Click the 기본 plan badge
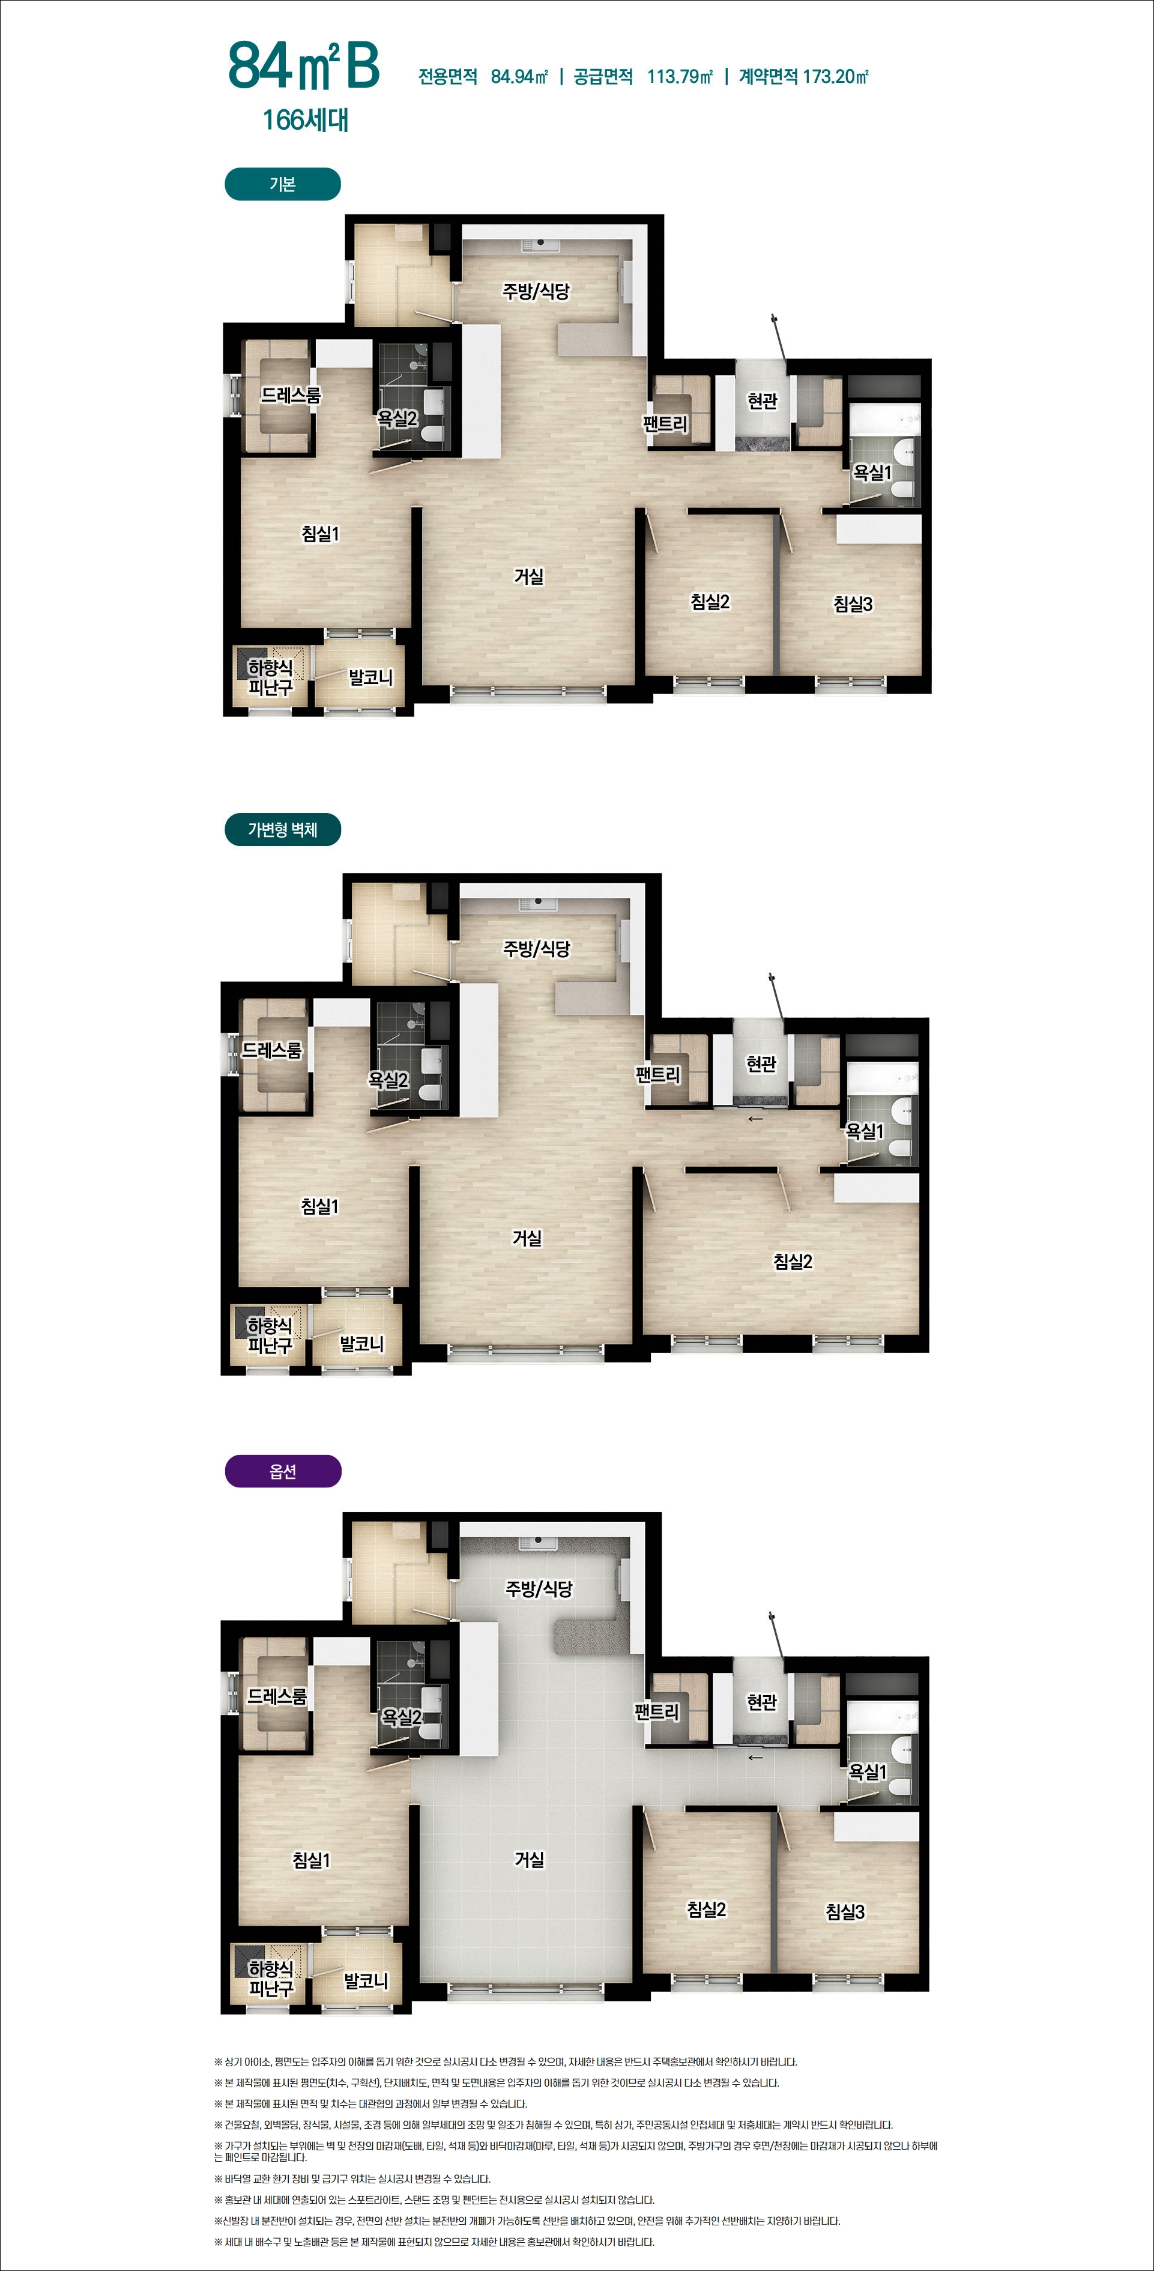(282, 184)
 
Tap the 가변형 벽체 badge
(282, 830)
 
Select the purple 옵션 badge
(282, 1471)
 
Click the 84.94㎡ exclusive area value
(519, 77)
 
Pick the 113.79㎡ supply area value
(680, 77)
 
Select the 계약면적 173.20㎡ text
(803, 77)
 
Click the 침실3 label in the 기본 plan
(853, 604)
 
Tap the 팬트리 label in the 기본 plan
(665, 424)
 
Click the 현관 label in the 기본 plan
(763, 401)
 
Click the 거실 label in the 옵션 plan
(529, 1859)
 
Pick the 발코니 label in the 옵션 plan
(366, 1982)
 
